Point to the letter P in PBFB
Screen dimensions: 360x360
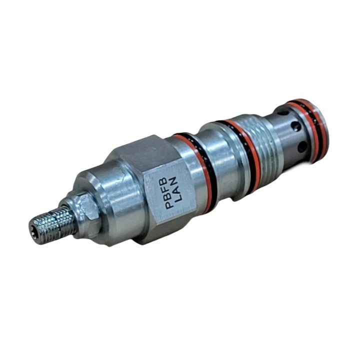click(x=169, y=204)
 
